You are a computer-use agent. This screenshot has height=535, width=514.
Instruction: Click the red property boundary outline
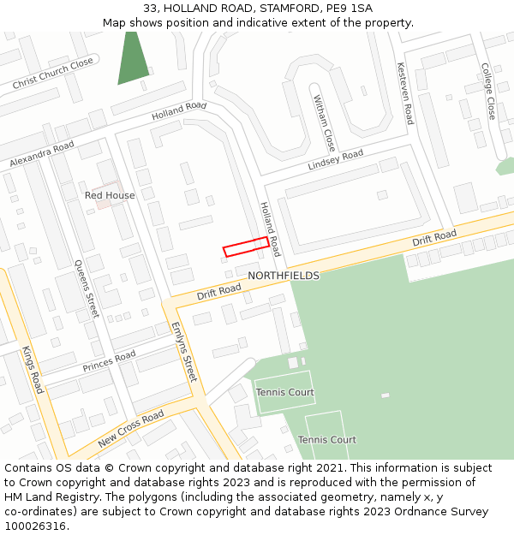(x=246, y=247)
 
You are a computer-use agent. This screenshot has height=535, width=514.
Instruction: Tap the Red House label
(x=110, y=195)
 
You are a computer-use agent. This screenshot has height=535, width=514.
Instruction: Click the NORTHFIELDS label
(x=284, y=276)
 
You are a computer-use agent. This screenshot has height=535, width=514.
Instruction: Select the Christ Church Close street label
(x=53, y=74)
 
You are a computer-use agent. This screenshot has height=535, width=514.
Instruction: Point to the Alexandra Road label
(x=42, y=154)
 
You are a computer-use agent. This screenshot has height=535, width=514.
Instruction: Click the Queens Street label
(x=87, y=289)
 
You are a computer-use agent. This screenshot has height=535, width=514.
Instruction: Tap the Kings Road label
(x=33, y=370)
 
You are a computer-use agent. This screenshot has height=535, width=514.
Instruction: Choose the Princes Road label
(x=109, y=361)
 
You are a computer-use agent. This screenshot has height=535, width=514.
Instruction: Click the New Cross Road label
(x=130, y=429)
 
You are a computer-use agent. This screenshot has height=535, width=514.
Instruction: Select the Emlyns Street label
(x=184, y=352)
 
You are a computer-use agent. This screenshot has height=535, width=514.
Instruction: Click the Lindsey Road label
(x=336, y=160)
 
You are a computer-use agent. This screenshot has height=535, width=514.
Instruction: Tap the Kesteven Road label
(x=405, y=93)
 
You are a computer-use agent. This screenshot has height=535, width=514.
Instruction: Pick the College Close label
(x=488, y=91)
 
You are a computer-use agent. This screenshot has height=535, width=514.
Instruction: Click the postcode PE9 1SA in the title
(x=350, y=9)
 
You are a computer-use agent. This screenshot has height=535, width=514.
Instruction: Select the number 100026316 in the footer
(x=35, y=526)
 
